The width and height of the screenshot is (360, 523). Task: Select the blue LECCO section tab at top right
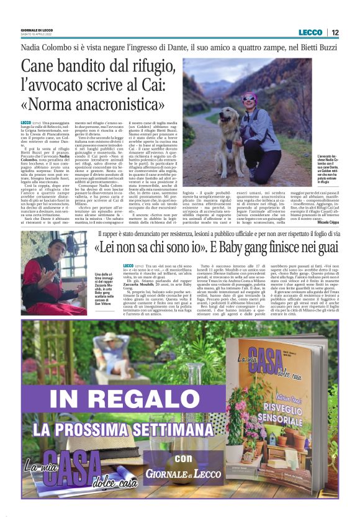[x=310, y=32]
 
